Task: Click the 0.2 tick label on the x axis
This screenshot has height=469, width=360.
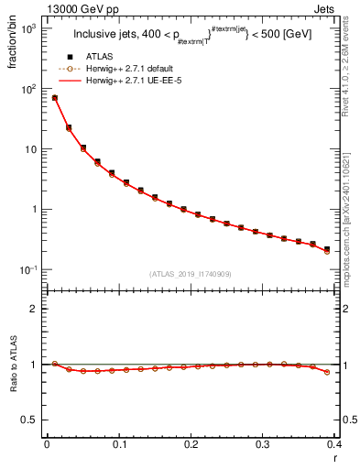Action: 191,443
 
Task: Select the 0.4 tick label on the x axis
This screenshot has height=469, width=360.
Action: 333,443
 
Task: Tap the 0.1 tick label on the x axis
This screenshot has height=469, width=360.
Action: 118,443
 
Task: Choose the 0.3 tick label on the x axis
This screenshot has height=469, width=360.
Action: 262,443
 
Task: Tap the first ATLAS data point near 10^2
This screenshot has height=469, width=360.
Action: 54,97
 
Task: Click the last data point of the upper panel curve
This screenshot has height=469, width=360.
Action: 327,249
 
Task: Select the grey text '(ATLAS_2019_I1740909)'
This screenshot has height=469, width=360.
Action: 191,274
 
